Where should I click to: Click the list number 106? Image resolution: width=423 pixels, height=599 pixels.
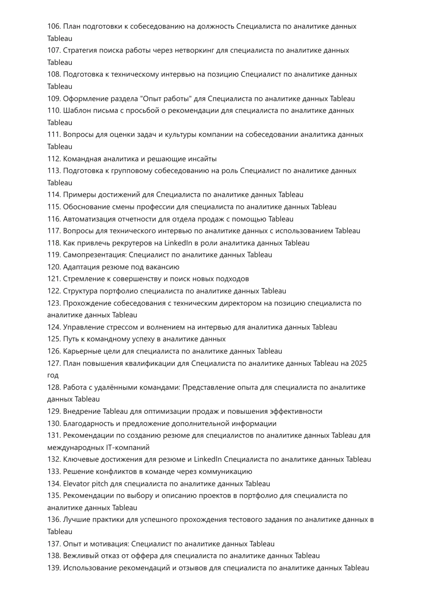(x=54, y=26)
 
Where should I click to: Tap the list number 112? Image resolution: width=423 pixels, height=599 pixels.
(x=54, y=159)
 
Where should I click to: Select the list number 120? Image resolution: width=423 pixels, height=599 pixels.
(x=54, y=267)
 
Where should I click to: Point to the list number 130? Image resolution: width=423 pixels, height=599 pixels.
(x=54, y=424)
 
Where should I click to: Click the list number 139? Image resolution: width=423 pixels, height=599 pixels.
(x=54, y=568)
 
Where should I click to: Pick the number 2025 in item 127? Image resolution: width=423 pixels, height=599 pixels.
(x=358, y=363)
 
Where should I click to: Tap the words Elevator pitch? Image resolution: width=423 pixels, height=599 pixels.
(x=85, y=484)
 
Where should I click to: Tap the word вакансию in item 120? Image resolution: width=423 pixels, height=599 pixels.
(x=163, y=267)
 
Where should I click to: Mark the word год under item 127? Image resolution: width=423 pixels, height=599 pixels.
(x=53, y=376)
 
